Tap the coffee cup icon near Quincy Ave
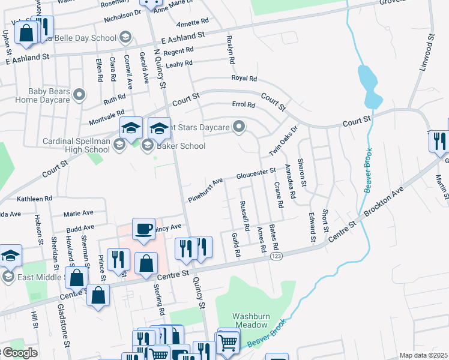point(144,229)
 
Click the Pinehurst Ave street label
point(205,189)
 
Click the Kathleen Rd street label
point(35,199)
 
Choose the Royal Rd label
point(244,79)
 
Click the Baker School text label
point(181,146)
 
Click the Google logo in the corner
point(19,353)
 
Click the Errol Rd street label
point(244,104)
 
